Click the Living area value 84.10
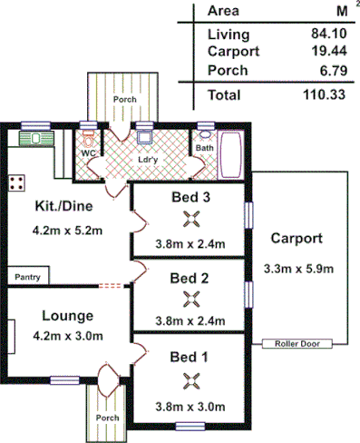click(326, 34)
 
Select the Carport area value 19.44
click(326, 52)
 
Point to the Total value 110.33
click(324, 94)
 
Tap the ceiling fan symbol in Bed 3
click(190, 218)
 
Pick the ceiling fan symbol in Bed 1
click(190, 379)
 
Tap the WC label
click(89, 153)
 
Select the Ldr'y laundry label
click(148, 160)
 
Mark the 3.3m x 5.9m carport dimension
click(299, 268)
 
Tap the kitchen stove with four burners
click(17, 182)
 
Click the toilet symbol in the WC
click(88, 141)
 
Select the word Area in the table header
click(223, 12)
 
